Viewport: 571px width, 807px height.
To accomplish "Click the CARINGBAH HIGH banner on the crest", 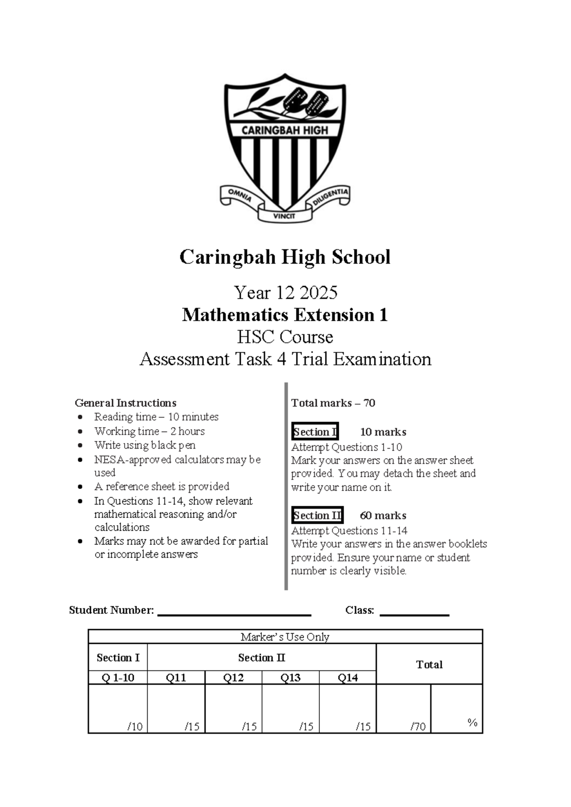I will point(285,130).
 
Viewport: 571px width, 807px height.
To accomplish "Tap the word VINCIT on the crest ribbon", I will point(285,216).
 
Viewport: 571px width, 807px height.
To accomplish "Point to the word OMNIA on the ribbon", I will point(239,196).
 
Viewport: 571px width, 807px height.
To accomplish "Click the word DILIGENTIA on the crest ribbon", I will point(331,196).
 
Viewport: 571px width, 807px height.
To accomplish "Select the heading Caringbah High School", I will point(285,257).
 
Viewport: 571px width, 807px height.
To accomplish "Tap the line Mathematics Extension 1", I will point(285,315).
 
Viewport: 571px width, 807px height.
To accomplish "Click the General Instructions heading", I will point(125,403).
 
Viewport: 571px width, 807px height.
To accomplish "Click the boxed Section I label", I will point(315,432).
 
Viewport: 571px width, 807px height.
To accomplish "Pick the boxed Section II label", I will point(317,515).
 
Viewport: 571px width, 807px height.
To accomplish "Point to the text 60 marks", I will point(383,515).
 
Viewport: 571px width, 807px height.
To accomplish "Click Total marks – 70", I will point(333,403).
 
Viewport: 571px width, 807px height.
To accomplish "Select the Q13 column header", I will point(290,678).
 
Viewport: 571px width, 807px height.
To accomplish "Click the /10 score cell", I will point(118,709).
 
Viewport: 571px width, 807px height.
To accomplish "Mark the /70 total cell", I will point(404,709).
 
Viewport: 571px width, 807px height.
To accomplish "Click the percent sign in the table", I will point(472,722).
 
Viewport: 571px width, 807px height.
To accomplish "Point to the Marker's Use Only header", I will point(285,637).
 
